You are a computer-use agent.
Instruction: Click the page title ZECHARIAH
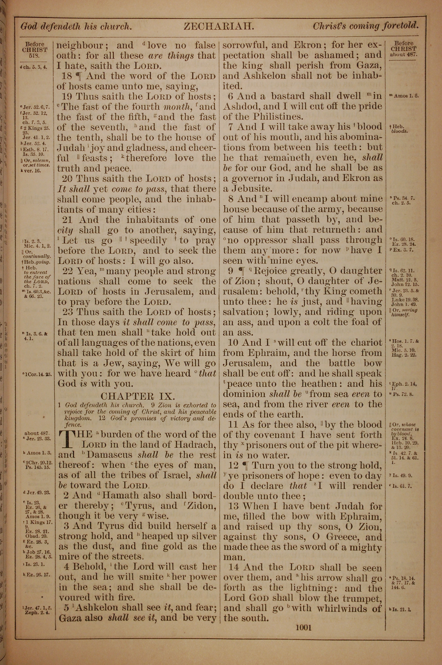pos(219,27)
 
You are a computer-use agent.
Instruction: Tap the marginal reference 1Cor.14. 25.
pos(37,375)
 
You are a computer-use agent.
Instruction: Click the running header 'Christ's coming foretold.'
pos(365,26)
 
